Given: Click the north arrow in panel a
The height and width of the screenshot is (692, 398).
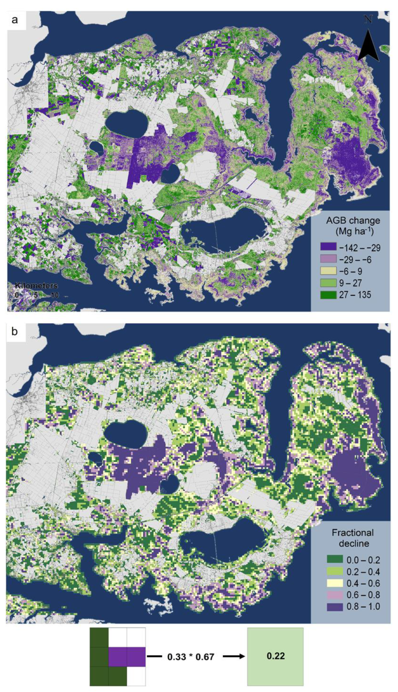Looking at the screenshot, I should (368, 45).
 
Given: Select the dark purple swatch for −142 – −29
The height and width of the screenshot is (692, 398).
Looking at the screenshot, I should (328, 248).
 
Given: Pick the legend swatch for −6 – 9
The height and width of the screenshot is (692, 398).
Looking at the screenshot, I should (328, 271).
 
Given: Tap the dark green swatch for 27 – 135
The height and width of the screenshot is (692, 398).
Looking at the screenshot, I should (328, 295).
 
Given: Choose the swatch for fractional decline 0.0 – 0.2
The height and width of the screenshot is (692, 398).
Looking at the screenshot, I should (335, 560).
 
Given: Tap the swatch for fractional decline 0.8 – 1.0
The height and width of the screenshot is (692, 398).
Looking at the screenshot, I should (335, 606).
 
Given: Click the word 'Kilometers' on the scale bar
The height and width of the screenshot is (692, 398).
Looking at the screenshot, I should (36, 286).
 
